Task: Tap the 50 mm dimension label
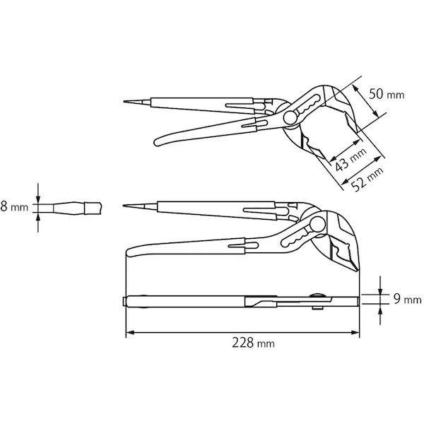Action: click(385, 94)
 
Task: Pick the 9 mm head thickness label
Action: click(403, 300)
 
